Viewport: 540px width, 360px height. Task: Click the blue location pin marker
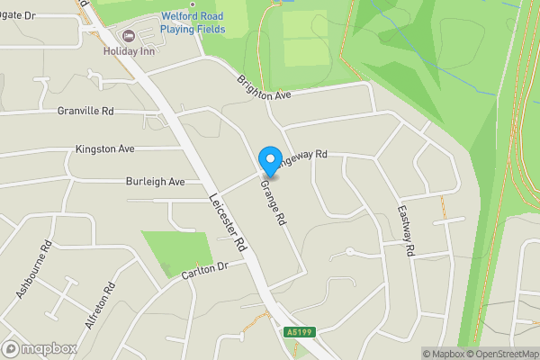(269, 161)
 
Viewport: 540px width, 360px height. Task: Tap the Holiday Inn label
(130, 50)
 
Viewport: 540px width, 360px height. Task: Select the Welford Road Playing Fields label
(193, 22)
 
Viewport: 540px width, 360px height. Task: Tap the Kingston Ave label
(104, 148)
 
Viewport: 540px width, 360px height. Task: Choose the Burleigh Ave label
(156, 181)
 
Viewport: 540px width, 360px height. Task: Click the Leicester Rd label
(228, 222)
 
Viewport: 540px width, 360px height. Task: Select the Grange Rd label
(274, 202)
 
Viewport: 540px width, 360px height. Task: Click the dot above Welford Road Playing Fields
(193, 4)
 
